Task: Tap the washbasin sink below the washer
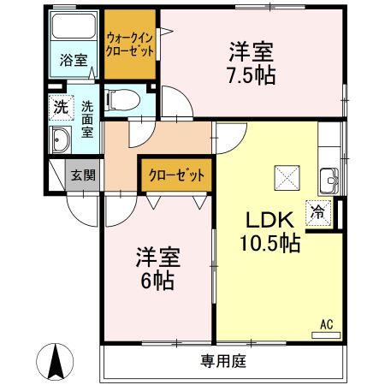coord(62,140)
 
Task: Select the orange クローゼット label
coord(176,175)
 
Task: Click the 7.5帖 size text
coord(252,75)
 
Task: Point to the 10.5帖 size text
coord(269,243)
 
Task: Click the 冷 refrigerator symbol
coord(317,211)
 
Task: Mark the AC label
coord(326,323)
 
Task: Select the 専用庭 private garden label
coord(224,361)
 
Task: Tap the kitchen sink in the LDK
coord(330,181)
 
